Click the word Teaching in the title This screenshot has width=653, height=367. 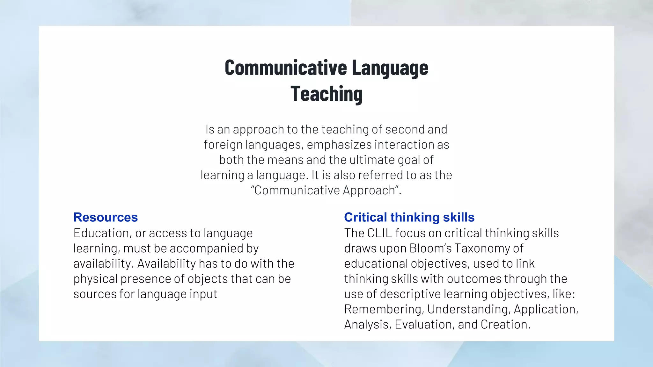tap(326, 94)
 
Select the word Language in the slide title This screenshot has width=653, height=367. tap(390, 68)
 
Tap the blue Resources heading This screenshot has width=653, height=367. tap(106, 217)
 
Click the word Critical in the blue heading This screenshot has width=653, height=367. tap(365, 217)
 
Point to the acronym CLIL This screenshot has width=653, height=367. tap(379, 233)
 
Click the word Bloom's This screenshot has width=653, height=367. tap(430, 248)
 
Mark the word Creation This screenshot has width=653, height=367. tap(505, 325)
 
